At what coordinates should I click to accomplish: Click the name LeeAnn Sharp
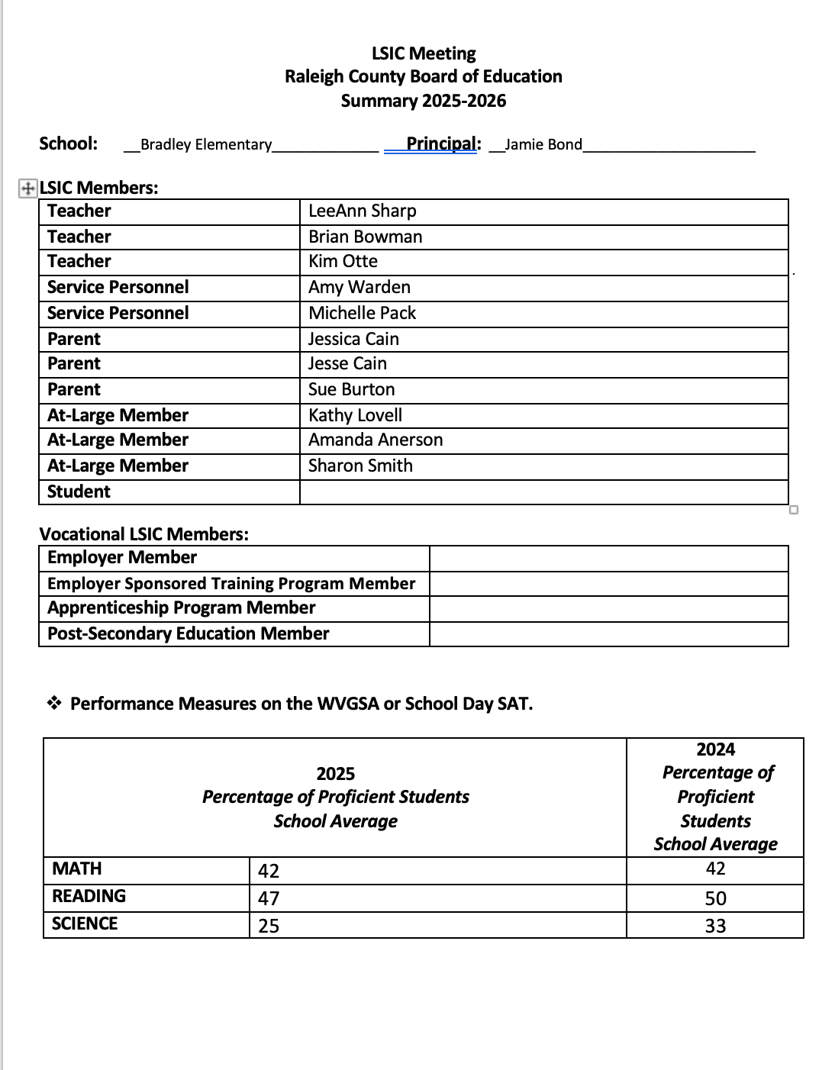(362, 211)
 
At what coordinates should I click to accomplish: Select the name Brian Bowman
(365, 237)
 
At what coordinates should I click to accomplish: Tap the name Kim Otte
(343, 262)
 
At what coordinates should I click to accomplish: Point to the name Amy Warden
(359, 288)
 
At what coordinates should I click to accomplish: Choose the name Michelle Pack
(362, 314)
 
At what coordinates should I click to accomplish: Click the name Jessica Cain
(353, 340)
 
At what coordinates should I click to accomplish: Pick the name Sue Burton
(351, 390)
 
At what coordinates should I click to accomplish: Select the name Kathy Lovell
(355, 416)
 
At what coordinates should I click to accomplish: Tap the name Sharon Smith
(360, 466)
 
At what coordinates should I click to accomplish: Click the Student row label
(79, 492)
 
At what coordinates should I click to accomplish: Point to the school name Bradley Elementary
(206, 145)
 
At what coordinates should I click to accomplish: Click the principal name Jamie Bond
(543, 145)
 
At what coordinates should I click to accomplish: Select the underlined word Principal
(443, 143)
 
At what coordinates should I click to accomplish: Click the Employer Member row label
(122, 558)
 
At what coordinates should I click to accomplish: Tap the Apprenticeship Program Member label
(181, 608)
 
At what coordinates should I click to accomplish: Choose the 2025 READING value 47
(269, 899)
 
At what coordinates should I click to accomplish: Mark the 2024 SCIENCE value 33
(715, 927)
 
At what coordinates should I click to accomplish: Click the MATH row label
(76, 869)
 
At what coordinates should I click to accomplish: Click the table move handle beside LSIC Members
(27, 189)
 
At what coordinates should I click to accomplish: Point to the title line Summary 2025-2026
(423, 102)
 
